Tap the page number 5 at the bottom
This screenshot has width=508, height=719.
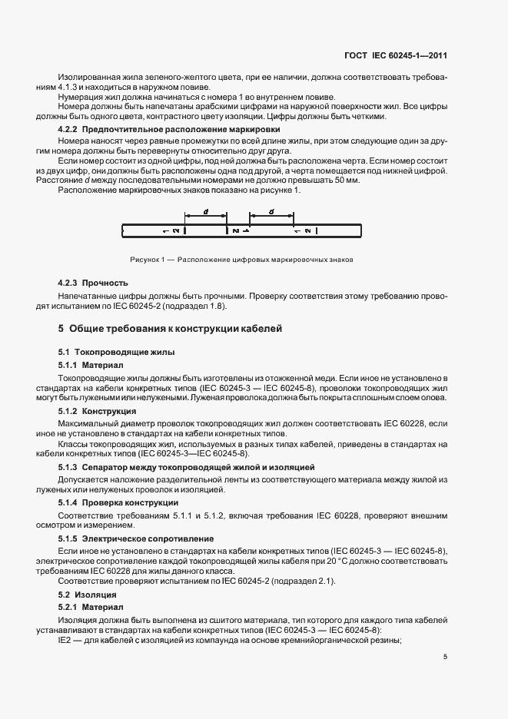[x=446, y=657]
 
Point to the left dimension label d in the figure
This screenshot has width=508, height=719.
[x=205, y=210]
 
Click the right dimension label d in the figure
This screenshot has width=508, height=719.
[x=273, y=210]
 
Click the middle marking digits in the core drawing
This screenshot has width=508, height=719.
[x=237, y=230]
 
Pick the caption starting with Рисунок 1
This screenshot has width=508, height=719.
[x=242, y=260]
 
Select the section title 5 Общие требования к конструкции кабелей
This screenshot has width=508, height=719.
[x=171, y=329]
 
